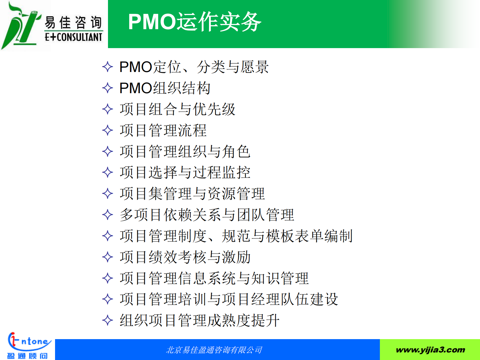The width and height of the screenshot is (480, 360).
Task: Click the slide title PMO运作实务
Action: click(194, 22)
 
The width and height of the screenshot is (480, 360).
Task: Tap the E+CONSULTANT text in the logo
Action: click(73, 37)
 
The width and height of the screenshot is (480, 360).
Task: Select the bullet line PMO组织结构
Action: click(165, 88)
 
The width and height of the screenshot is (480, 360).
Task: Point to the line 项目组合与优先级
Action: click(178, 109)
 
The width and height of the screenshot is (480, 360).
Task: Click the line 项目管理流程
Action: click(163, 130)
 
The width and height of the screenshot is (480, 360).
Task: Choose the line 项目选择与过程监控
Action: click(185, 172)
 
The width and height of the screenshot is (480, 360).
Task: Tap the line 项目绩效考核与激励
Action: click(185, 257)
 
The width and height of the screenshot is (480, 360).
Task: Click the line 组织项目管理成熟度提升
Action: click(200, 320)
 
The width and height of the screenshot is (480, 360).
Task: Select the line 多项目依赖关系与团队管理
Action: click(207, 215)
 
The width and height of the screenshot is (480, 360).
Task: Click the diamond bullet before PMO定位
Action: click(107, 67)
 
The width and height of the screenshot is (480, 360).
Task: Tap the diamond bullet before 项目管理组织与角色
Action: click(107, 152)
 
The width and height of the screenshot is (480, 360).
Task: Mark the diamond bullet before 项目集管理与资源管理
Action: click(107, 194)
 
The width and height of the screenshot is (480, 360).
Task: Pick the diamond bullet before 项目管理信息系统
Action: click(107, 278)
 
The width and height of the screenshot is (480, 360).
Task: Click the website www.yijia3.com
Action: click(430, 350)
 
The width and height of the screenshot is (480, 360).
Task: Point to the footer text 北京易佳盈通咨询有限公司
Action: click(214, 350)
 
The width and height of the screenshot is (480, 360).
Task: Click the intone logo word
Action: click(34, 342)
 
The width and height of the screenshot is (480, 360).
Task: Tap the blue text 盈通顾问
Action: click(27, 356)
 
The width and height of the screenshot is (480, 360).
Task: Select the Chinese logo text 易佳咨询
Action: click(73, 22)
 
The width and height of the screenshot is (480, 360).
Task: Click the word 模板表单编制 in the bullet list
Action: click(309, 236)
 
